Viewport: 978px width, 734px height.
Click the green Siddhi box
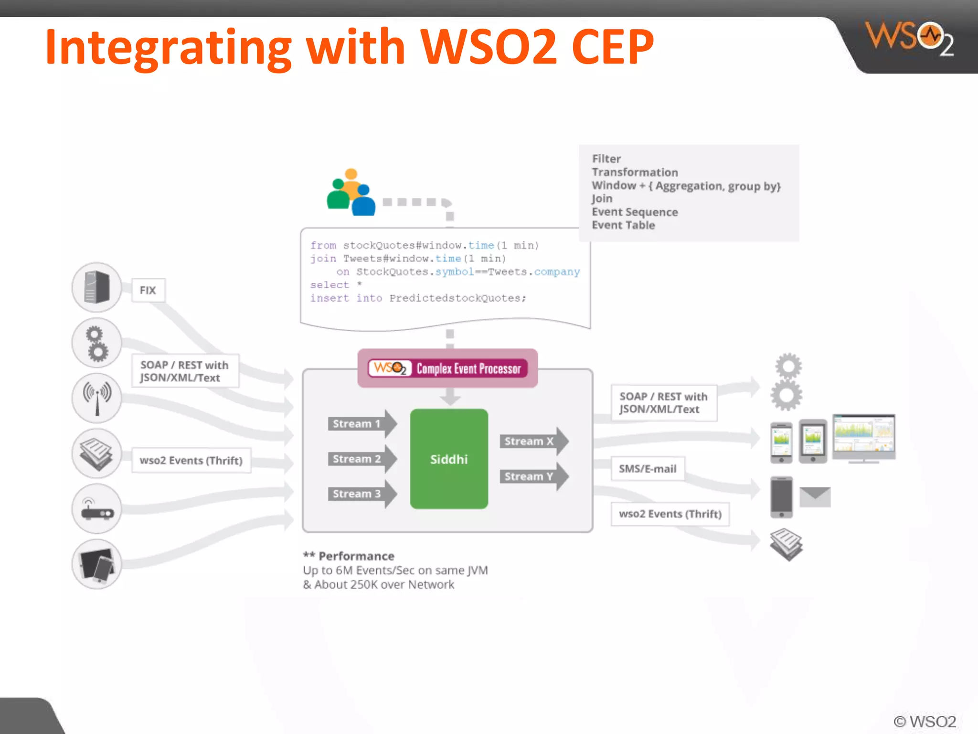coord(449,459)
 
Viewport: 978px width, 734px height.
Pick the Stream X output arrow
coord(533,441)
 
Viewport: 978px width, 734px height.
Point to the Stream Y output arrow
coord(533,476)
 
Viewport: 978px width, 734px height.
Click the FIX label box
coord(148,290)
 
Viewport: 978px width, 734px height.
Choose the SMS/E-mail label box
coord(648,469)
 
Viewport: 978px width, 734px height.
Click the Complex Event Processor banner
coord(448,368)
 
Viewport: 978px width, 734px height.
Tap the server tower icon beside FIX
coord(97,287)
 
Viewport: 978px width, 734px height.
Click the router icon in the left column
coord(97,509)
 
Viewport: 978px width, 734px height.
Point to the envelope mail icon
coord(815,497)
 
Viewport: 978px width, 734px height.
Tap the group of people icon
coord(351,193)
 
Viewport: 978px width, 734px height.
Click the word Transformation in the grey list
coord(635,172)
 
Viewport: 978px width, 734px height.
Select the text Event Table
coord(623,225)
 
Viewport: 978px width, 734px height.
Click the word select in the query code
coord(330,285)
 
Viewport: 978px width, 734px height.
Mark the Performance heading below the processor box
coord(356,556)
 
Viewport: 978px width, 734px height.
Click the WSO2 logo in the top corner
coord(910,38)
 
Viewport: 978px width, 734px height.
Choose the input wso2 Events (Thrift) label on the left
coord(191,461)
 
